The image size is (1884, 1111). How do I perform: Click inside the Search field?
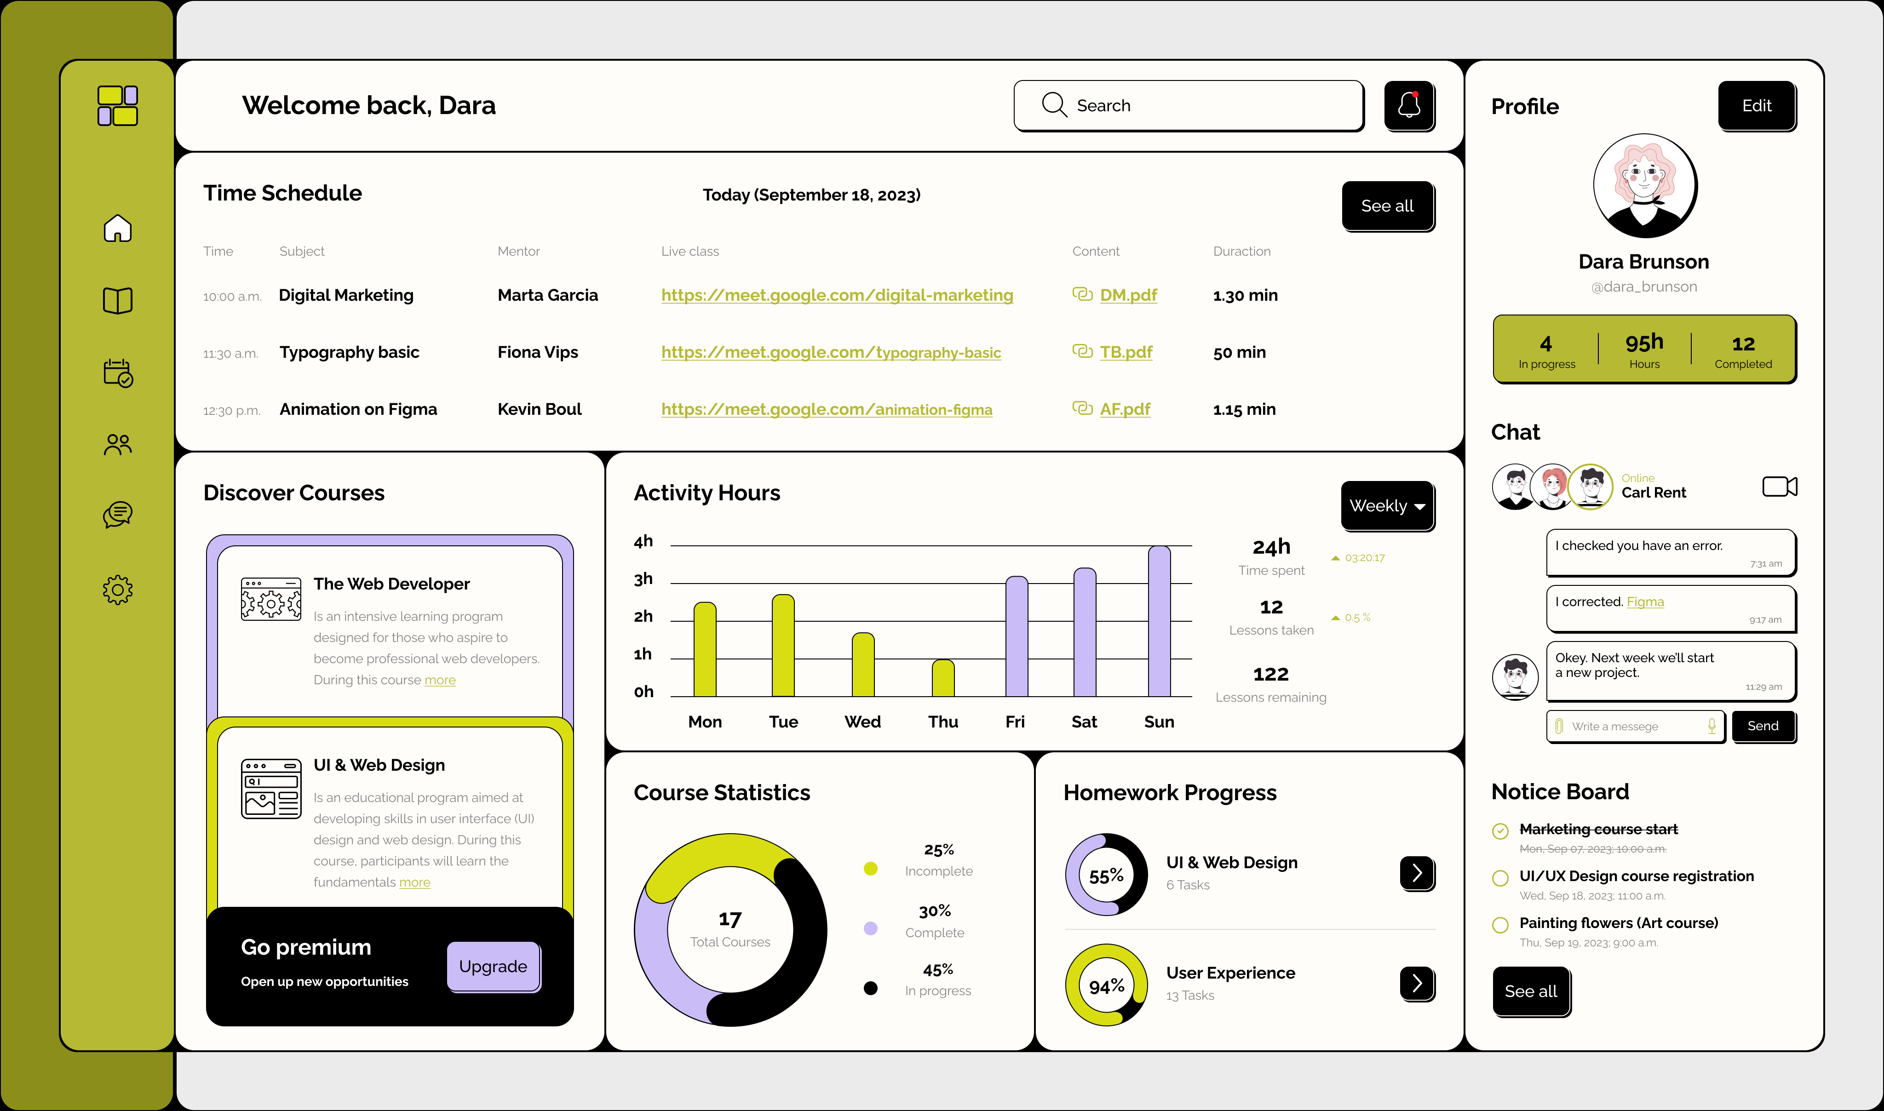pos(1198,106)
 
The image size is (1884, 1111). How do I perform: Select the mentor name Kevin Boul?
pos(539,410)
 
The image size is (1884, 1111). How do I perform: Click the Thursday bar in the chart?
pos(943,678)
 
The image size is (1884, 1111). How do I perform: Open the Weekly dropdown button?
pos(1387,506)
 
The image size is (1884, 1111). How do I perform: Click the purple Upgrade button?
pos(493,967)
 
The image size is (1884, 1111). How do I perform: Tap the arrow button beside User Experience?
pos(1416,983)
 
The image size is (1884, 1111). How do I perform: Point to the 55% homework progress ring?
pos(1106,875)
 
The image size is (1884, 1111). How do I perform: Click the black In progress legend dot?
pos(870,988)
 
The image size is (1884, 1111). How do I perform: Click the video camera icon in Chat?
pos(1779,487)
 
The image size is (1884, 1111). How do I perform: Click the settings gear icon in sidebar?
pos(118,590)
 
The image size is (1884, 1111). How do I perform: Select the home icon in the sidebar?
pos(118,229)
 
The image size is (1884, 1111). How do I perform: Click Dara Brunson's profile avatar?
pos(1644,186)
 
